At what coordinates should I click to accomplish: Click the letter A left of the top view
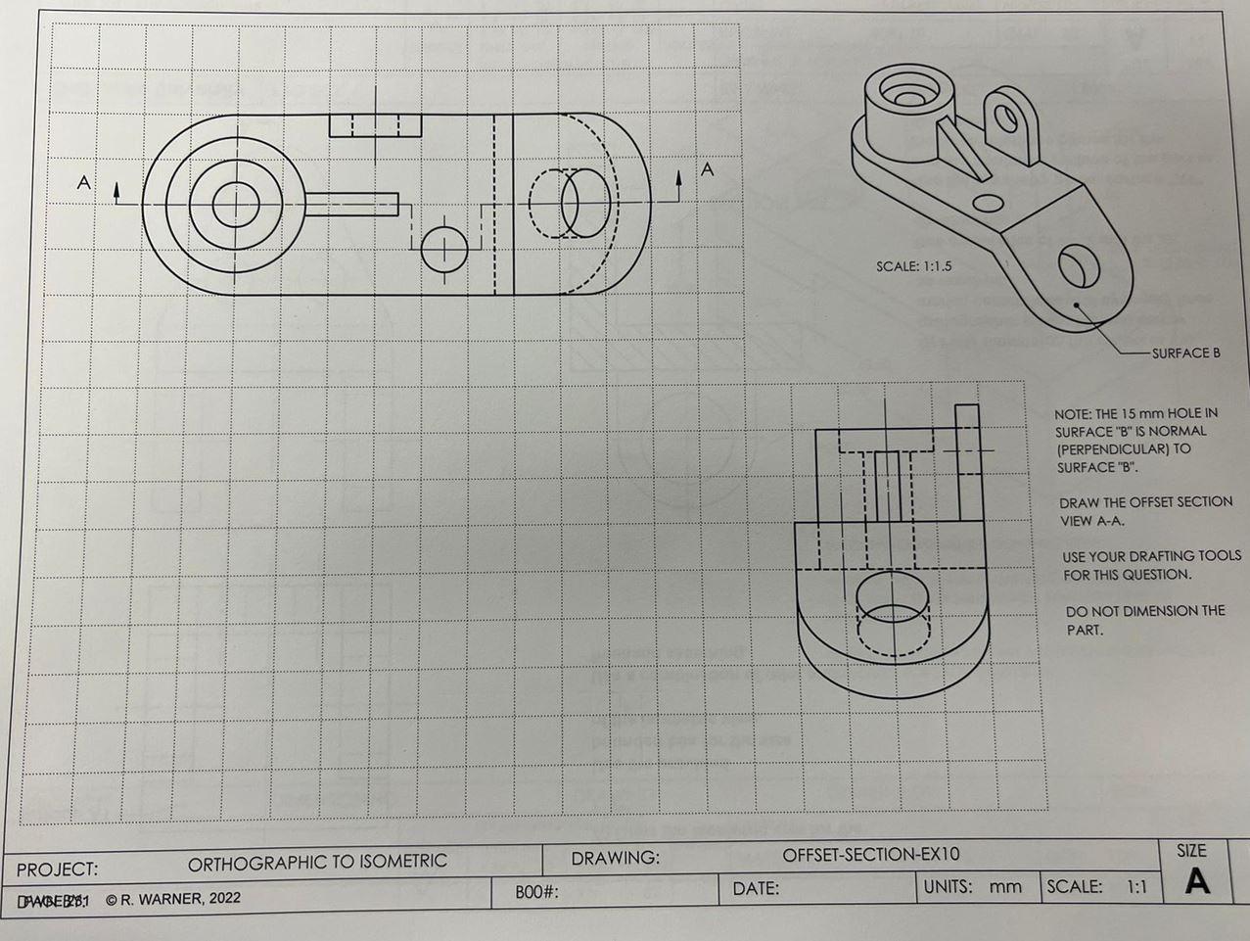(84, 182)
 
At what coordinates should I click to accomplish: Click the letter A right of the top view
(708, 169)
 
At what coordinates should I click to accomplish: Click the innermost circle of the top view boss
(236, 206)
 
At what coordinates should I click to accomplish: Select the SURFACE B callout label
(1185, 353)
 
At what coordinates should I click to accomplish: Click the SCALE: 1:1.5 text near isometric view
(913, 266)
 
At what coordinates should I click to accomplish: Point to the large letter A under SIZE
(1196, 882)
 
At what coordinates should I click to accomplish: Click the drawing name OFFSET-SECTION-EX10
(870, 855)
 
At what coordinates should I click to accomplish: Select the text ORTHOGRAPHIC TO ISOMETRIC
(317, 862)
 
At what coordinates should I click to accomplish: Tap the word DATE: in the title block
(756, 889)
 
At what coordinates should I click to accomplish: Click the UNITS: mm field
(973, 887)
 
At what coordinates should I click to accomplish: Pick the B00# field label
(535, 893)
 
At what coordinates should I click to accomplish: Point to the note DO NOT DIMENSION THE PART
(1143, 620)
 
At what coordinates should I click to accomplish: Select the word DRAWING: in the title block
(615, 859)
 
